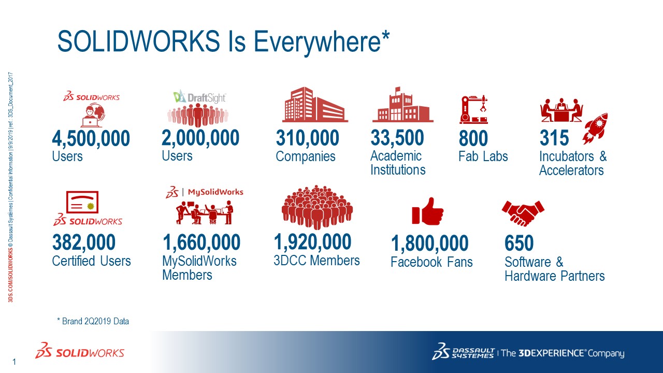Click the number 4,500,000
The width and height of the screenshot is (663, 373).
tap(91, 138)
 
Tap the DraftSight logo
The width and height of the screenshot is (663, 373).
tap(199, 97)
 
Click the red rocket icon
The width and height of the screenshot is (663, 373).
tap(595, 128)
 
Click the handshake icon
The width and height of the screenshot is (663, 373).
tap(523, 213)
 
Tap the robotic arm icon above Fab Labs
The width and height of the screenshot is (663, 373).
tap(473, 109)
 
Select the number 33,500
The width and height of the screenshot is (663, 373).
tap(397, 138)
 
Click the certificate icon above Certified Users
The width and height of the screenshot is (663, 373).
tap(82, 202)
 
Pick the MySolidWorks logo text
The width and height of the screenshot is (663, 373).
tap(215, 192)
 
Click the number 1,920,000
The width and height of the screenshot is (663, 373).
tap(312, 242)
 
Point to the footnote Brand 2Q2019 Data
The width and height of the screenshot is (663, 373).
tap(93, 321)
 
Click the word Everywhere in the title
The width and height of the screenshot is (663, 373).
tap(317, 42)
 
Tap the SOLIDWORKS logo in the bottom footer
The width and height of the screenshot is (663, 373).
tap(80, 351)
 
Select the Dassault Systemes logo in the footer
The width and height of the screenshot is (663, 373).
tap(463, 351)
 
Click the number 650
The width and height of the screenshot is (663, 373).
tap(519, 243)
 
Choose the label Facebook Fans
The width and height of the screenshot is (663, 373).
tap(431, 262)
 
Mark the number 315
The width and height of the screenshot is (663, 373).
tap(554, 138)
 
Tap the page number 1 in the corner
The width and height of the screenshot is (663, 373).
tap(14, 362)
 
